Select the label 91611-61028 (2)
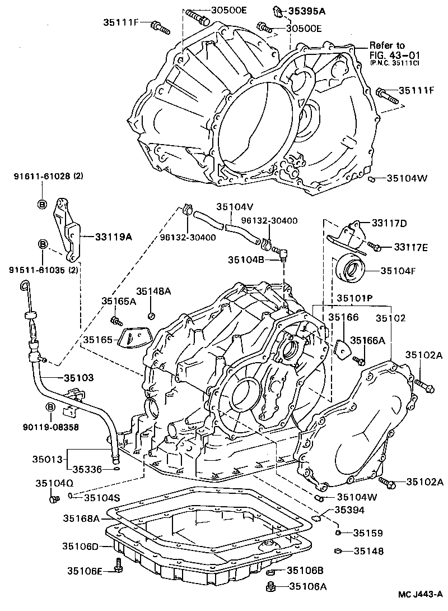[49, 177]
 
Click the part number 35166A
[368, 340]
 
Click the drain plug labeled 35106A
[270, 587]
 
